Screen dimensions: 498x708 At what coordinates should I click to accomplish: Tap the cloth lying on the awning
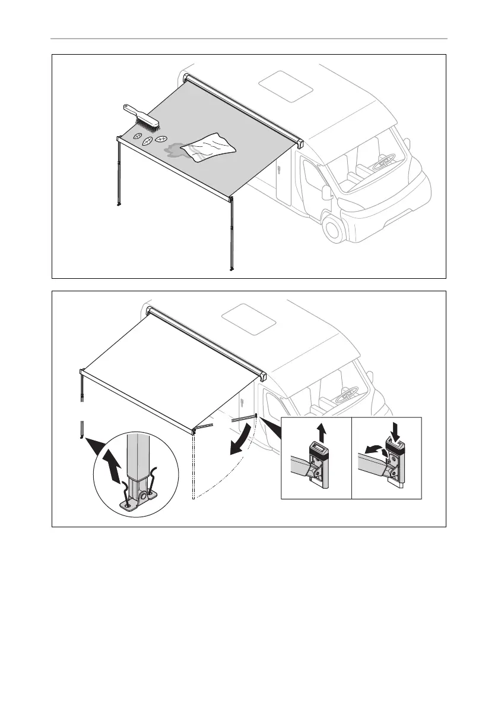[208, 147]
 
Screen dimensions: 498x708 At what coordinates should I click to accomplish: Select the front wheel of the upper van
[336, 228]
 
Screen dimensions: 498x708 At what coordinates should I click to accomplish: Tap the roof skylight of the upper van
[287, 84]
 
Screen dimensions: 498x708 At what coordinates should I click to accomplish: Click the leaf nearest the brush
[137, 137]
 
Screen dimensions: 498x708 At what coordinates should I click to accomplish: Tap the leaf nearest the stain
[160, 140]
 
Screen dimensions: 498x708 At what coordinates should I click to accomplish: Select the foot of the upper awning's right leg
[231, 269]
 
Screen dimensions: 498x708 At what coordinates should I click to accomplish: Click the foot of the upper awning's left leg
[120, 206]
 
